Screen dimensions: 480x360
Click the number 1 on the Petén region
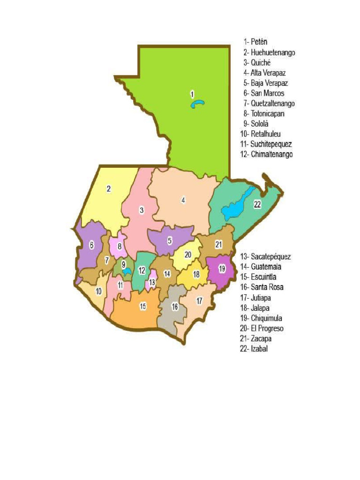(192, 94)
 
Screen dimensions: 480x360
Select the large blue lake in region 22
(237, 206)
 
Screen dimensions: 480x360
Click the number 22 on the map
(257, 204)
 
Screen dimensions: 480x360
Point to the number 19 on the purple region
(222, 269)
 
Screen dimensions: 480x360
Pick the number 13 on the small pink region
(152, 282)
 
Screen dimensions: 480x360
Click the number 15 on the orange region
(142, 306)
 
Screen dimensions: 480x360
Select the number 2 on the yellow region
(109, 189)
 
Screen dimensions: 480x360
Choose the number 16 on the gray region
(175, 307)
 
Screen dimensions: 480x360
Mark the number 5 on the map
(170, 240)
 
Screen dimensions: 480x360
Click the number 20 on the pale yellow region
(187, 255)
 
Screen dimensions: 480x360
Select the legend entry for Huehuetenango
(269, 52)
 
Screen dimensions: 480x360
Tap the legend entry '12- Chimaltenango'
(266, 154)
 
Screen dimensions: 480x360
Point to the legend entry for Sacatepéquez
(265, 256)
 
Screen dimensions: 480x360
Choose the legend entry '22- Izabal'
(254, 348)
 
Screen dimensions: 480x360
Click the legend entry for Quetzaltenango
(269, 103)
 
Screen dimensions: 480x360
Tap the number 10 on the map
(98, 291)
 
